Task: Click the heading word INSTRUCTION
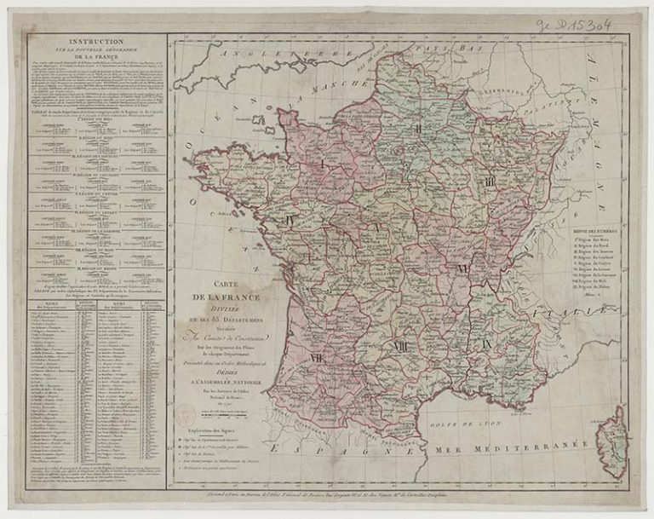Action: point(95,40)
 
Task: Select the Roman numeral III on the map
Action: point(490,182)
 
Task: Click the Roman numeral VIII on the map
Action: point(400,345)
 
